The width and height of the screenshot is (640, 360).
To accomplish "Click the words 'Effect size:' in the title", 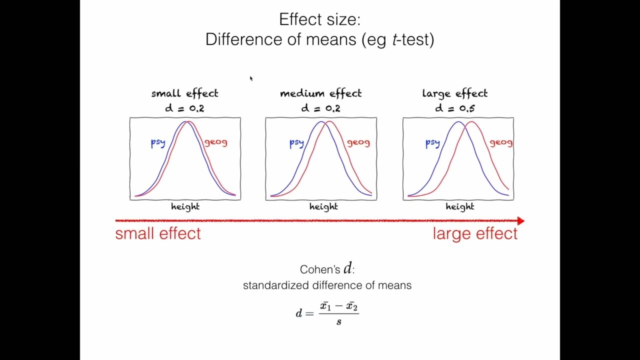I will coord(319,19).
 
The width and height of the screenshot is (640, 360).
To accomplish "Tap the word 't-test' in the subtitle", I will coord(413,39).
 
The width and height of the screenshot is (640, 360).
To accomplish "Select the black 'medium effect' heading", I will coord(320,93).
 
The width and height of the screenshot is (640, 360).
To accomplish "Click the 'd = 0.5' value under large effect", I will coord(454,108).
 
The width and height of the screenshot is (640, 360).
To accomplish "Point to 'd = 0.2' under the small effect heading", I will coord(184,108).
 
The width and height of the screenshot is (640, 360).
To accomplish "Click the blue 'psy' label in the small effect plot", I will coord(158,143).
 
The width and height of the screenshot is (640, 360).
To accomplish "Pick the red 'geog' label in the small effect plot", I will coord(215,142).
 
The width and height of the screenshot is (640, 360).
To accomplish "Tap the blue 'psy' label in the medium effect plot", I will coord(296,143).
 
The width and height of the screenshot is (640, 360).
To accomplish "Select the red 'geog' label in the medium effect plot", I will coord(358,143).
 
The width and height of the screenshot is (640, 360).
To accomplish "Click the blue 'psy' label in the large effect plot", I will coord(432,143).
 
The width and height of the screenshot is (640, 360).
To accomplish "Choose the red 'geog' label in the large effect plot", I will coord(500,143).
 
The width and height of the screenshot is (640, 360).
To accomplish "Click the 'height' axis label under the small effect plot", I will coord(185,206).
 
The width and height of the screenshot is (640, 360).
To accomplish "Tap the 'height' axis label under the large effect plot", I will coord(459,206).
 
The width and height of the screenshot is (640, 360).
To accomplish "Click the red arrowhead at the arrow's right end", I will coord(520,220).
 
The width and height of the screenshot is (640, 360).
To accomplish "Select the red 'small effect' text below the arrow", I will coord(158,233).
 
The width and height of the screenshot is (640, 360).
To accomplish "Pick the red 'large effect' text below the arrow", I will coord(475,233).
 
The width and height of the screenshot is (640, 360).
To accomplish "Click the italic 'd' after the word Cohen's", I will coord(347,268).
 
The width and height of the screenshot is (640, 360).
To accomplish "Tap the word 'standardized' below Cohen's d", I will coord(276,285).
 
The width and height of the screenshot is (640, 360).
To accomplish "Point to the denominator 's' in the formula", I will coord(339,322).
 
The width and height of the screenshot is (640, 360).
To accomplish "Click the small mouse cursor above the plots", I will coord(251,78).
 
